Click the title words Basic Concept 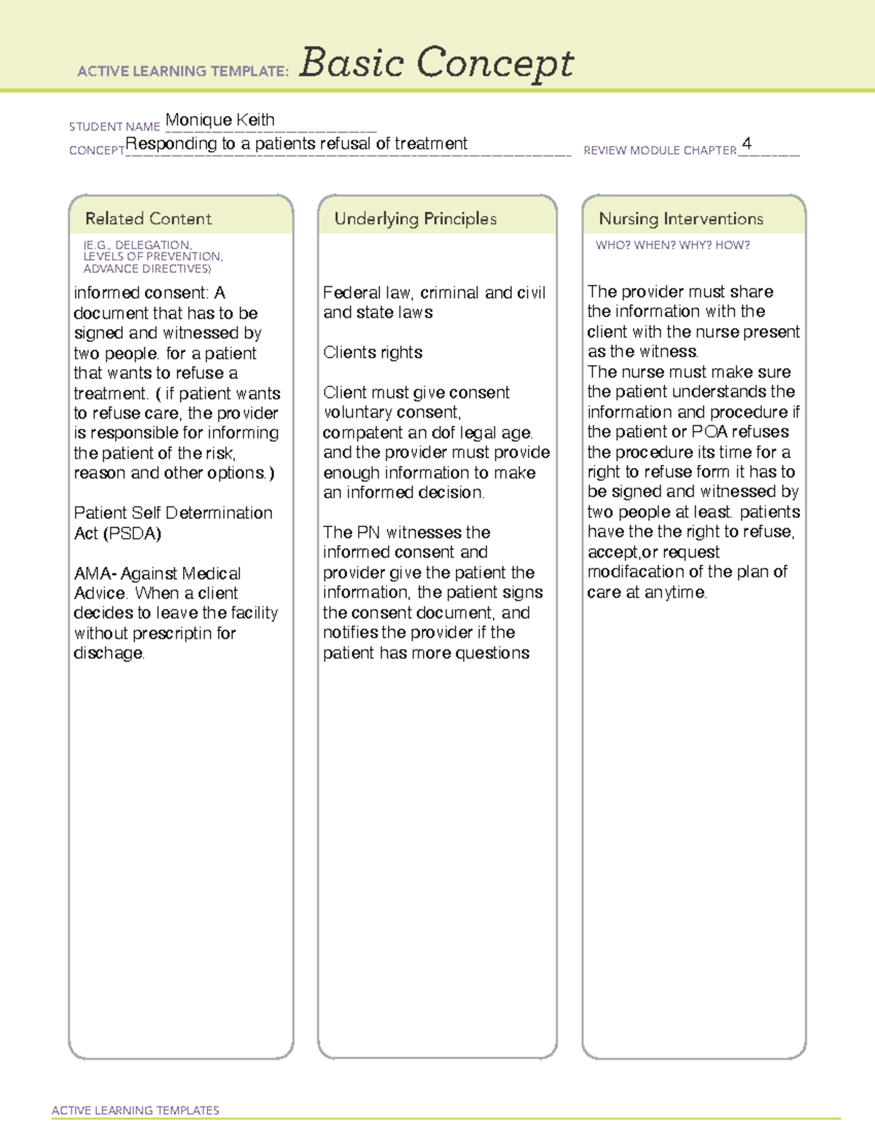(x=436, y=63)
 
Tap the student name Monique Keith (x=220, y=120)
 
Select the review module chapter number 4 (x=746, y=143)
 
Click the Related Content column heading (x=148, y=219)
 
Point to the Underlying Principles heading (x=415, y=219)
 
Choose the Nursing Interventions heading (x=680, y=219)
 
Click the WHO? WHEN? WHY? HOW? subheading (x=672, y=245)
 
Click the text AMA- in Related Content (x=96, y=574)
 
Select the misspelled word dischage (x=109, y=653)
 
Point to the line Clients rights (x=373, y=353)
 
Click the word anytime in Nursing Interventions (x=675, y=592)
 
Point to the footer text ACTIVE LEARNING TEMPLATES (x=135, y=1110)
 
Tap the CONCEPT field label (x=96, y=150)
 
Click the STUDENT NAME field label (x=114, y=126)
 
